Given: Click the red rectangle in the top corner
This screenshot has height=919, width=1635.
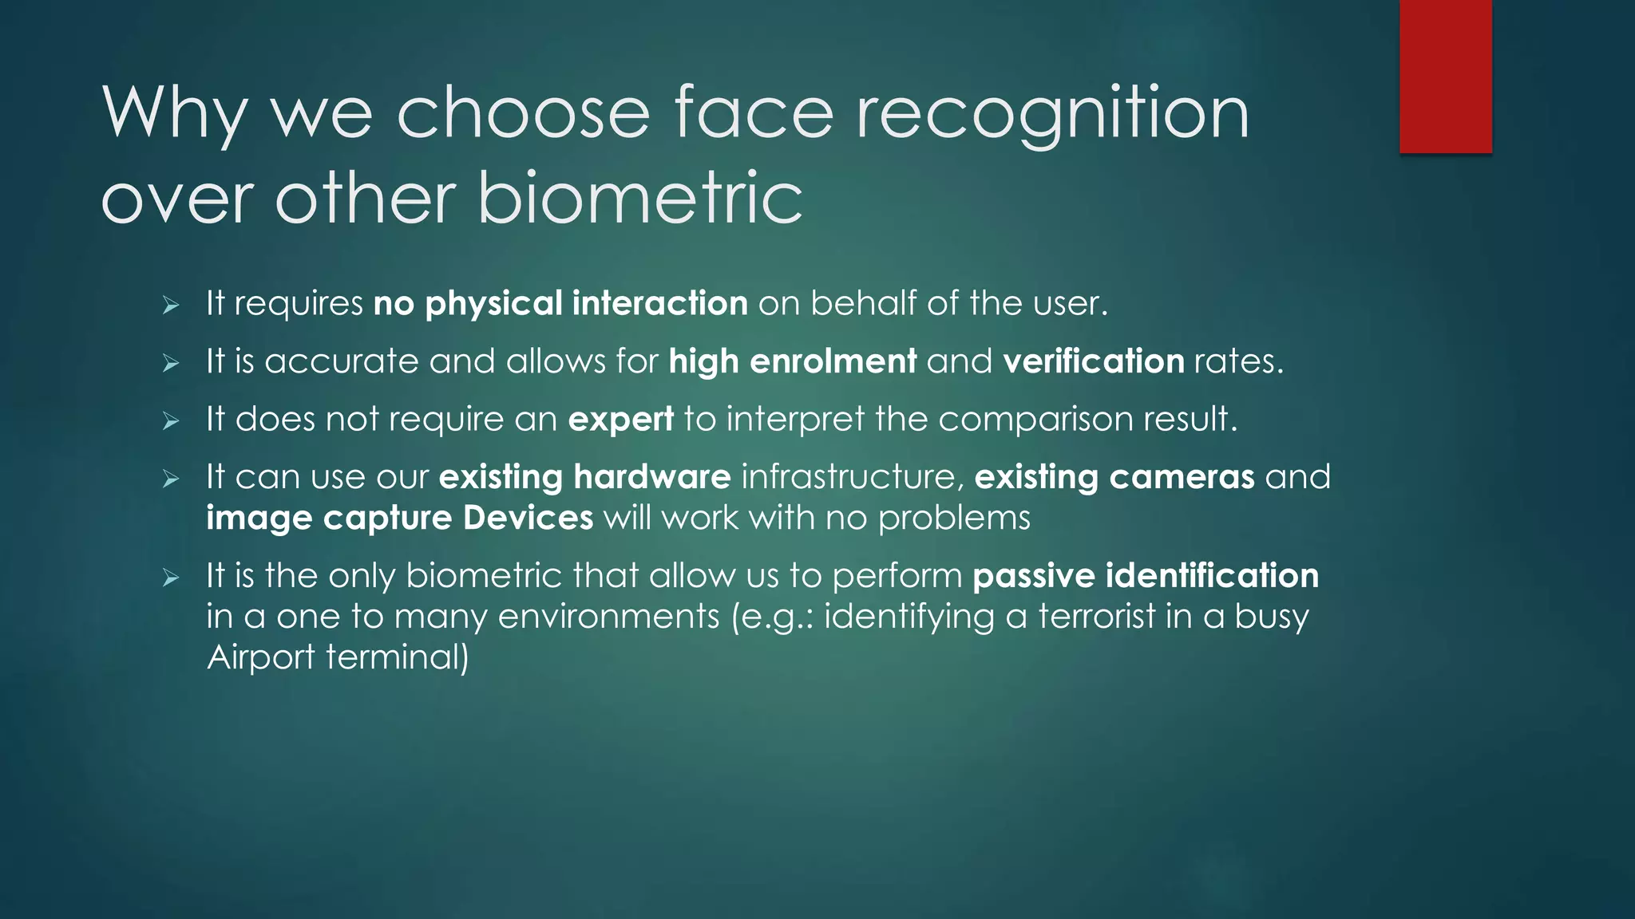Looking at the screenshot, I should (x=1445, y=76).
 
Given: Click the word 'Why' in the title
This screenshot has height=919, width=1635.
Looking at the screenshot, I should (x=174, y=114).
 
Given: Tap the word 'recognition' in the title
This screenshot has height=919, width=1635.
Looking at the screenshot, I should (x=1052, y=114).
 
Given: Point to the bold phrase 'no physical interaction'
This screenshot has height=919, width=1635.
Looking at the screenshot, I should (x=560, y=303).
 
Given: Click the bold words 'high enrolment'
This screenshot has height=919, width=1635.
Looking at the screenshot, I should (x=792, y=361).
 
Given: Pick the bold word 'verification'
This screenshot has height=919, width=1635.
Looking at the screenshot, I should (x=1093, y=361).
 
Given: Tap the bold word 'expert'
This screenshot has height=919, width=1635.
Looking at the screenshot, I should (x=620, y=420).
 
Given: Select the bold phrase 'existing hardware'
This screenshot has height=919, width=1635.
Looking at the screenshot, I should (x=584, y=477).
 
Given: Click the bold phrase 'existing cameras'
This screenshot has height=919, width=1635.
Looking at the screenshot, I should (x=1114, y=477).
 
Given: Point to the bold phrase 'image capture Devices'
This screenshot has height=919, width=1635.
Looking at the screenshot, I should (x=399, y=518).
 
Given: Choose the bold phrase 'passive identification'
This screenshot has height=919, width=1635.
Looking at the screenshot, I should (x=1146, y=575).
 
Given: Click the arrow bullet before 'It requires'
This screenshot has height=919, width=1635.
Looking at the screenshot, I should (x=171, y=305).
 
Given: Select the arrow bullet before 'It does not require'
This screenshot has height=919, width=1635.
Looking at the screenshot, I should (x=171, y=421).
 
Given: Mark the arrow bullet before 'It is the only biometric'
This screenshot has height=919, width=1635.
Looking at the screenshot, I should (x=171, y=577).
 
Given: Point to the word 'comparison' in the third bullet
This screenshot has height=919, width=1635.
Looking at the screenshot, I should (x=1035, y=420).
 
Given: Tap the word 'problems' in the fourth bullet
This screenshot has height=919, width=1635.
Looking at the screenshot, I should (x=954, y=518).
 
